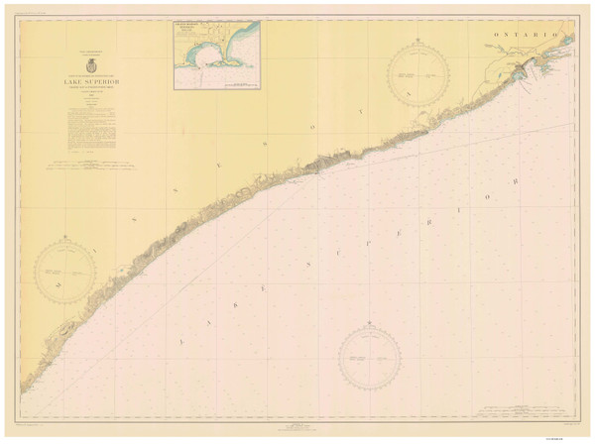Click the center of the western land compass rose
click(66, 271)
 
